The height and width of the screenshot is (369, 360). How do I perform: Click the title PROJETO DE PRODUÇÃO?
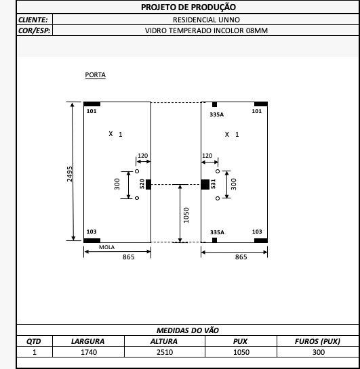[x=188, y=7]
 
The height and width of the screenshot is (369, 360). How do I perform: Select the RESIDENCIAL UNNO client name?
[x=206, y=20]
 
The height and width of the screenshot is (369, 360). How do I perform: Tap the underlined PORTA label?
[x=95, y=75]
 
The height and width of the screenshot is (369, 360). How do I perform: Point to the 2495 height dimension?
[x=70, y=174]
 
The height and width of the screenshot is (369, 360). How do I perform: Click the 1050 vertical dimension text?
[x=186, y=215]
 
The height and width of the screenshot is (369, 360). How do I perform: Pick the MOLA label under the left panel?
[x=106, y=247]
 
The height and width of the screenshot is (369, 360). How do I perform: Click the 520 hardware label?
[x=142, y=183]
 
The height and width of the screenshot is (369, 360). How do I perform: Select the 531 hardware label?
[x=213, y=183]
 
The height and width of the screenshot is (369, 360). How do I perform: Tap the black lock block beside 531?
[x=205, y=184]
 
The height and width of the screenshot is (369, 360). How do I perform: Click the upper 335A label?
[x=217, y=114]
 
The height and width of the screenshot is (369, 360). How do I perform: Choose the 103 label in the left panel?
[x=92, y=232]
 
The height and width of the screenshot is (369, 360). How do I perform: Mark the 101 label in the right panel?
[x=257, y=111]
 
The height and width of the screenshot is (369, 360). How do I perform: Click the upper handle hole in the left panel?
[x=137, y=171]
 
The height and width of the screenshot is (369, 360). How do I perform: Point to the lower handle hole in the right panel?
[x=218, y=198]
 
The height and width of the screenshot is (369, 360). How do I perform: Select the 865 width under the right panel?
[x=241, y=257]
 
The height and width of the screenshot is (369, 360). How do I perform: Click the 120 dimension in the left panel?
[x=143, y=156]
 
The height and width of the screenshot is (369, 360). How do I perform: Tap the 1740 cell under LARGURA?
[x=89, y=352]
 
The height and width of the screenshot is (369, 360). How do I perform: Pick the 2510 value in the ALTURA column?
[x=165, y=352]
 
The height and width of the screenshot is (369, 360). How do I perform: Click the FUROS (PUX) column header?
[x=317, y=341]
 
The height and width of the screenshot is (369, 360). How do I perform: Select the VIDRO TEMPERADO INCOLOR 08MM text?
[x=206, y=30]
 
